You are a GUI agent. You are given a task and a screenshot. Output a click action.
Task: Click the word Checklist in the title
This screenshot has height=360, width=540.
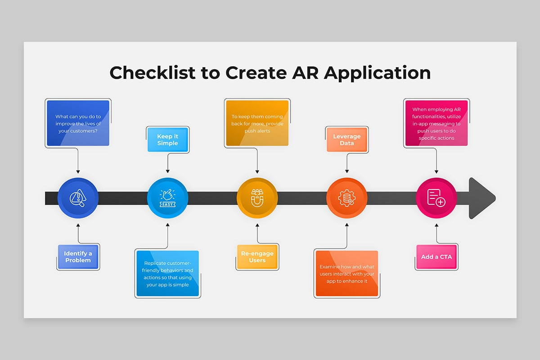(x=153, y=72)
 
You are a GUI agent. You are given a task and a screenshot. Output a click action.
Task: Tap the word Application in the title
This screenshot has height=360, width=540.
(x=377, y=73)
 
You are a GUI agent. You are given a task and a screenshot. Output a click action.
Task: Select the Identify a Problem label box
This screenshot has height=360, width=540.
(x=78, y=257)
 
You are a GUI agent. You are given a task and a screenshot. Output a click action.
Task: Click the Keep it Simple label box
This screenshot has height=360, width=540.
(x=168, y=139)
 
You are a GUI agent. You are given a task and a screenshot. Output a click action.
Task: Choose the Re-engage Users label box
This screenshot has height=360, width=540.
(x=257, y=257)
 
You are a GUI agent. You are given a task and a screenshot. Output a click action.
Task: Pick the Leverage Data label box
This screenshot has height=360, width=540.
(x=347, y=139)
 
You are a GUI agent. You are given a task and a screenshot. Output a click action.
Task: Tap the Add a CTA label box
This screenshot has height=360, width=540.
(x=436, y=257)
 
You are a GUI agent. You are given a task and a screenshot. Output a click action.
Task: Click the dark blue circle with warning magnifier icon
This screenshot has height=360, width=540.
(x=78, y=198)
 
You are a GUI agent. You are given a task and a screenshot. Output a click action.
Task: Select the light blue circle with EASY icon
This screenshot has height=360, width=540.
(x=168, y=198)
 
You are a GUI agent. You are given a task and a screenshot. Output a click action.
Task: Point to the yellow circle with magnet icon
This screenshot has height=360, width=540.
(x=257, y=198)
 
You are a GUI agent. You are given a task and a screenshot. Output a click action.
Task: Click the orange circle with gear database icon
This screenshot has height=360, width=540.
(x=347, y=198)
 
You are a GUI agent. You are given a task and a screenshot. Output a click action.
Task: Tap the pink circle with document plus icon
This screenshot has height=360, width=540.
(x=436, y=198)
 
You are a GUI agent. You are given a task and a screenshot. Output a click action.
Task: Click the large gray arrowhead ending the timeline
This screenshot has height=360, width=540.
(x=480, y=198)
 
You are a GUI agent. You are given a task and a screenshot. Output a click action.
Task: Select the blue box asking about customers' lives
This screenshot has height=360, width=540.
(x=78, y=123)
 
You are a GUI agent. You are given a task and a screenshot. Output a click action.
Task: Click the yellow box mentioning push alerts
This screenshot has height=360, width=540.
(x=257, y=123)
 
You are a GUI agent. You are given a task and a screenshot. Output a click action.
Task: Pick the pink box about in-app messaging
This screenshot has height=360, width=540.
(x=436, y=123)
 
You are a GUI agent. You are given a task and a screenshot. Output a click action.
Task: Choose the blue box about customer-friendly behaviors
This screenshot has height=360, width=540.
(x=168, y=274)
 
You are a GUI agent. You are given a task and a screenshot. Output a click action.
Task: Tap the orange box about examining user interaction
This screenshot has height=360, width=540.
(x=347, y=274)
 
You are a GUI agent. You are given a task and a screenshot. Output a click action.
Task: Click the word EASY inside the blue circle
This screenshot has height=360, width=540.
(x=168, y=204)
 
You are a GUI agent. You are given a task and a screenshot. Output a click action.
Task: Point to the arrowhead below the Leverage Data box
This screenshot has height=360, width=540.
(x=347, y=171)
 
